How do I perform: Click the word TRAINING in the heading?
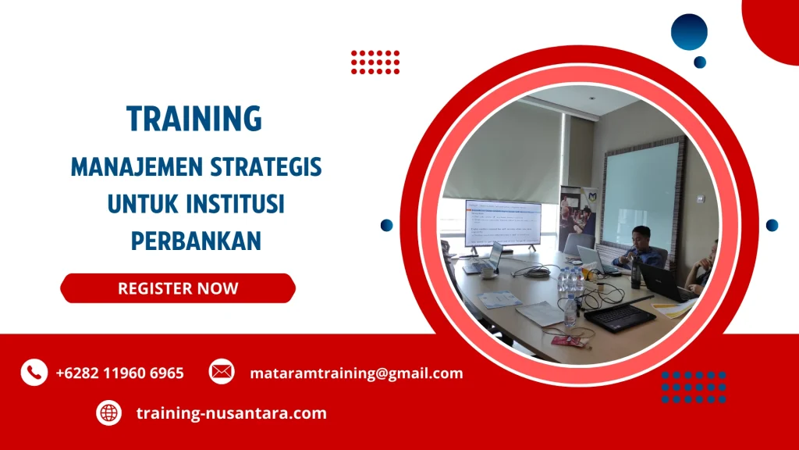pos(194,118)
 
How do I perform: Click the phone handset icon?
pos(34,373)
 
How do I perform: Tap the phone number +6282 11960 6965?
pos(119,373)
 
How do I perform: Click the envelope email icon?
pos(222,373)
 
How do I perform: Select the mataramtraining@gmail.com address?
pos(356,373)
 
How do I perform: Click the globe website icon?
pos(108,412)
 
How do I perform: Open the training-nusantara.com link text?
pos(231,413)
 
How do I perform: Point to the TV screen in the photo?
pos(502,223)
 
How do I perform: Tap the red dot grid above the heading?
pos(375,62)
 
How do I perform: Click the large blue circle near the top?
pos(688,33)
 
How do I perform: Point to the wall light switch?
pos(701,198)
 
